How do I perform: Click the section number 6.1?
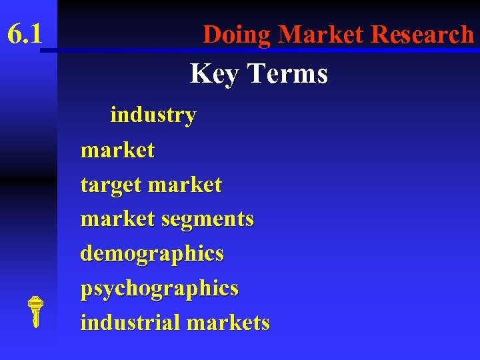coord(25,33)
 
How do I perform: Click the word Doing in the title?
coord(237,34)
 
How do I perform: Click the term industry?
coord(153,115)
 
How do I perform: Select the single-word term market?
coord(117,150)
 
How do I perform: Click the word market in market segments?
coord(117,219)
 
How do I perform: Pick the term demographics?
coord(152,254)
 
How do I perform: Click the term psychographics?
coord(159,289)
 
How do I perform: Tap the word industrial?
coord(131,323)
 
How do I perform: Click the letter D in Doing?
coord(211,34)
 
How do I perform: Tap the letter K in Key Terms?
coord(199,73)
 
